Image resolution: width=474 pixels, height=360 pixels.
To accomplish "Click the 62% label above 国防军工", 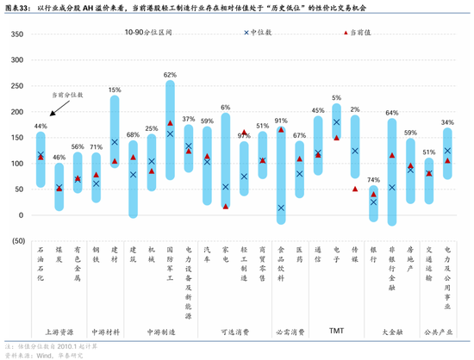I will coord(170,75).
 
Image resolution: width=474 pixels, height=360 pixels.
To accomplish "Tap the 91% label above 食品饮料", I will coord(281,121).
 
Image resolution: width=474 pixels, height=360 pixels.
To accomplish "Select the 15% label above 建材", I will coord(115,90).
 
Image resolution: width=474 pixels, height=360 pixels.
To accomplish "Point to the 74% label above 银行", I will coord(373,179).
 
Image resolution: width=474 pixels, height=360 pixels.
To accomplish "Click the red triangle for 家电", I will coord(226,206).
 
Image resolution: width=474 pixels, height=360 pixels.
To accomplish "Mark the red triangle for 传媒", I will coord(355,189).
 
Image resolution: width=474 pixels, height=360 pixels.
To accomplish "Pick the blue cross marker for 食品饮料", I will coord(281,208).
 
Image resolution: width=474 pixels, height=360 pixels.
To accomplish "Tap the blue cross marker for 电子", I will coord(336,122).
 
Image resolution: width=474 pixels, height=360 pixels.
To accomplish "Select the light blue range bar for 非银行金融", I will coord(392,172).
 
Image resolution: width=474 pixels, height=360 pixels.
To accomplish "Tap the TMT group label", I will coord(336,331).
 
